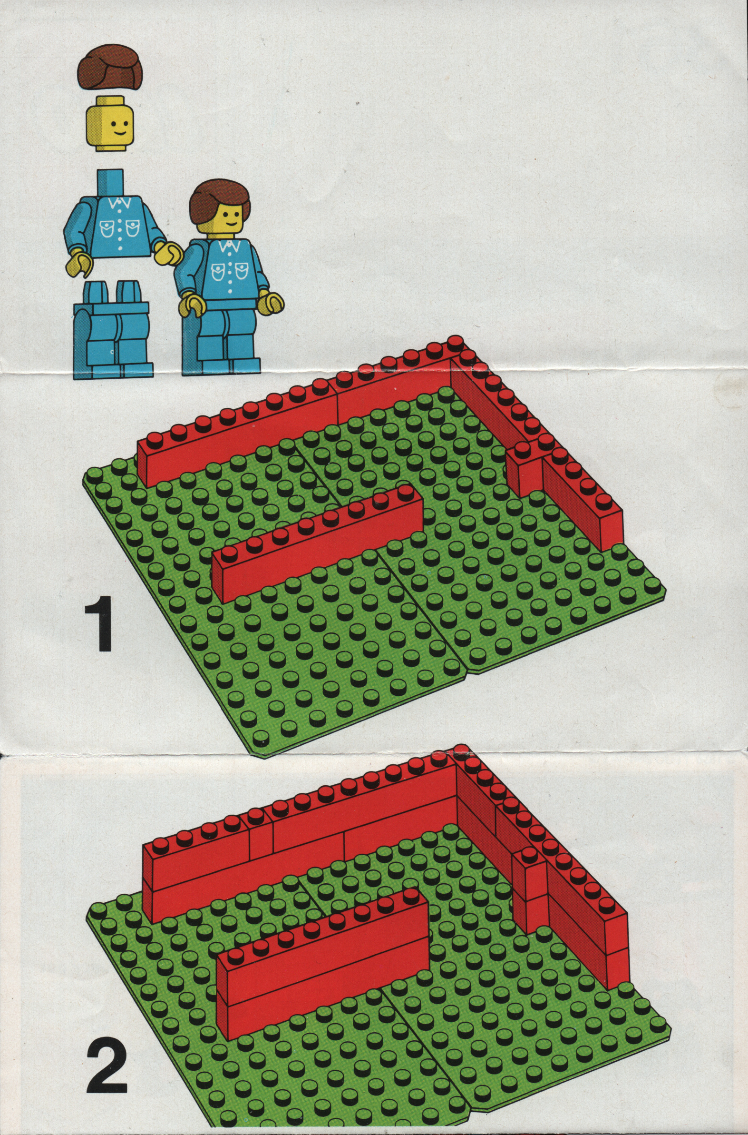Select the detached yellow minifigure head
coord(110,123)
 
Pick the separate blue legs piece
coord(113,330)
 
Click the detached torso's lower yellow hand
coord(80,266)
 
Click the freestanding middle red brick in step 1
coord(318,539)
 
